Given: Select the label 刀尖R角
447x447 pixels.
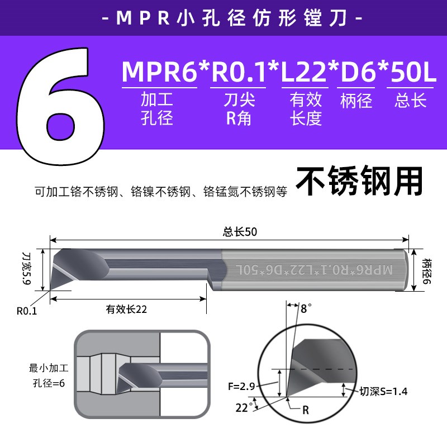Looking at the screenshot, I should click(x=240, y=109).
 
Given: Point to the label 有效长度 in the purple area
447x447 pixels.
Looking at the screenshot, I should click(x=306, y=109).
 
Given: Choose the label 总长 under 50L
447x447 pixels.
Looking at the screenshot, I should click(x=411, y=101).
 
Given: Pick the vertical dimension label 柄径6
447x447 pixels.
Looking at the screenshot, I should click(x=427, y=270).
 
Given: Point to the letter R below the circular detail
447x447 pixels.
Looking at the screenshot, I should click(x=306, y=410).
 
